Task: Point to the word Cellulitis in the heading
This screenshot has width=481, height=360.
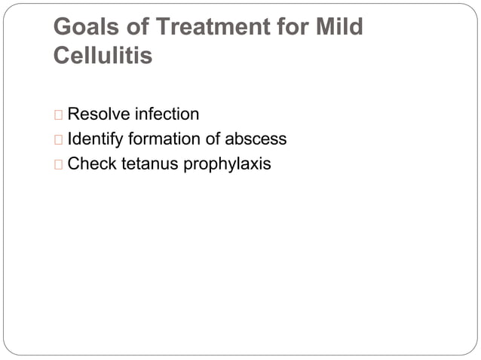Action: (x=103, y=56)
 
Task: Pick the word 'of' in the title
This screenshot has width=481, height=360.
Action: (x=136, y=28)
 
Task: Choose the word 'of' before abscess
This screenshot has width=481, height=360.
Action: (x=214, y=139)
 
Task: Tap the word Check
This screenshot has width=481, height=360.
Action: (x=91, y=163)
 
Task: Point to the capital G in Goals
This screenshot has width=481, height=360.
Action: (x=63, y=28)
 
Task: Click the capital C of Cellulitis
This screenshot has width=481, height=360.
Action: (x=62, y=56)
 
